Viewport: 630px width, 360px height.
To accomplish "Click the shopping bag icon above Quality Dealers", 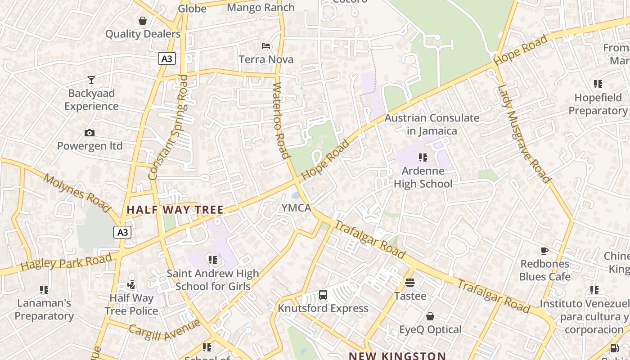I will (143, 21).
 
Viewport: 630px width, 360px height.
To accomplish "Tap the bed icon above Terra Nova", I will (266, 46).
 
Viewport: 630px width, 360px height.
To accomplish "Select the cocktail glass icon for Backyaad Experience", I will (91, 80).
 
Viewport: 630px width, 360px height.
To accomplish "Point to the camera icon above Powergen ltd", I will (90, 133).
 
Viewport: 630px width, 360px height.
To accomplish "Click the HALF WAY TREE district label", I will (175, 210).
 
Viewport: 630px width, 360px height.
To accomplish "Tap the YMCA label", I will (296, 208).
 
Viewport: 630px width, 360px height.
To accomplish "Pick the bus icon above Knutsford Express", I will (323, 295).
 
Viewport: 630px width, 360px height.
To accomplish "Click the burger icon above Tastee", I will (410, 283).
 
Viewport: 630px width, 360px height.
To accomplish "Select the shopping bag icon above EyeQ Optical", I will (430, 316).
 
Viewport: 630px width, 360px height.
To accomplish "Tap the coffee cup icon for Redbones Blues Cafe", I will (544, 251).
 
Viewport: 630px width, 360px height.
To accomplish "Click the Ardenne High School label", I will (423, 177).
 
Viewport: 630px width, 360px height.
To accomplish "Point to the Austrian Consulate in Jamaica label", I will (432, 125).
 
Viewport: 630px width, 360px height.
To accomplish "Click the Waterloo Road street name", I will (280, 120).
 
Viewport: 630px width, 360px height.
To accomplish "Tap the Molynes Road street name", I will (77, 193).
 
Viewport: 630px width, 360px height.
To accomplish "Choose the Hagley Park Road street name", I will (66, 262).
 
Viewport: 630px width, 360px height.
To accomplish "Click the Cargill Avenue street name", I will (164, 330).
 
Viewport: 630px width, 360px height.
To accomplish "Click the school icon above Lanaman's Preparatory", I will (44, 290).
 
